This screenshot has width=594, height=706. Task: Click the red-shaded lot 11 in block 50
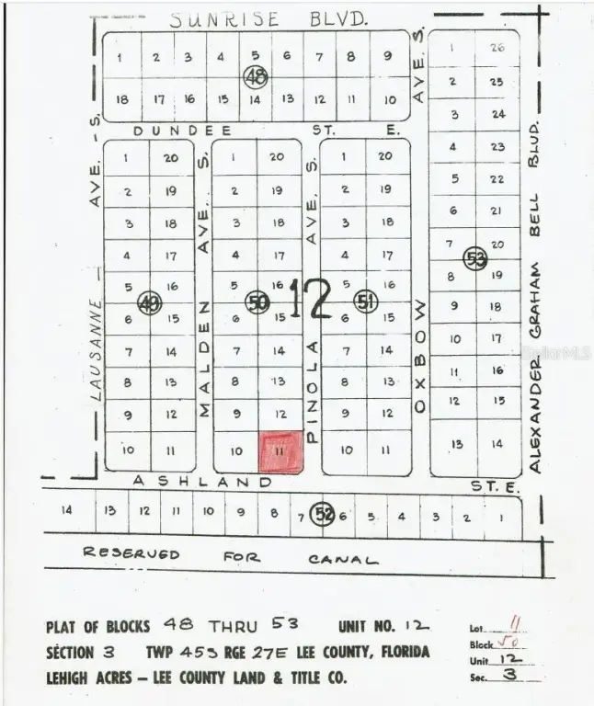(x=280, y=451)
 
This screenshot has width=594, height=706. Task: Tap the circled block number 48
(x=255, y=77)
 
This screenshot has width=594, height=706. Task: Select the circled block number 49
(x=149, y=302)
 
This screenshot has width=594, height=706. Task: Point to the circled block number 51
(x=366, y=301)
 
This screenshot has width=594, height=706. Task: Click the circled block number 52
(x=322, y=514)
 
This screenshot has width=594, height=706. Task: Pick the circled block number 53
(x=474, y=258)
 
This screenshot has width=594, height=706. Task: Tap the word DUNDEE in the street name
(x=168, y=131)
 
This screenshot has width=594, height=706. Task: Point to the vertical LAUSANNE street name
(x=97, y=350)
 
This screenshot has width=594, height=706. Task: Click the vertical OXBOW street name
(x=419, y=355)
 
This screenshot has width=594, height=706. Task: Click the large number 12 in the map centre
(x=310, y=300)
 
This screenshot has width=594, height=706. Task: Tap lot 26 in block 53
(x=497, y=48)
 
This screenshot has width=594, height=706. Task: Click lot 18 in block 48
(x=122, y=99)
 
